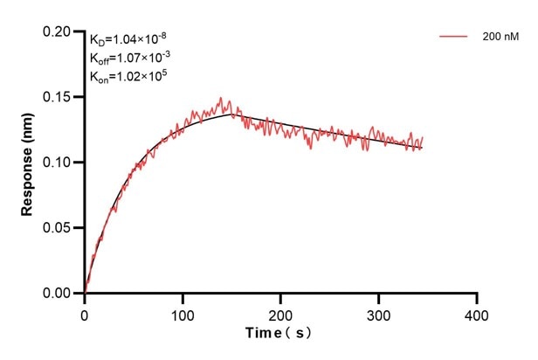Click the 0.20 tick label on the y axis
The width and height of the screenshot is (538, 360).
click(x=60, y=31)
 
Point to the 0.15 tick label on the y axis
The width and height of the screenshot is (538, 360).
click(x=60, y=97)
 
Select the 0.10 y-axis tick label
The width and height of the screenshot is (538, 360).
click(x=60, y=163)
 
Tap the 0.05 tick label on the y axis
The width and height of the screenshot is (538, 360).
click(x=60, y=228)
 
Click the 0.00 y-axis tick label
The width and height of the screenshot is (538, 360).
click(x=60, y=294)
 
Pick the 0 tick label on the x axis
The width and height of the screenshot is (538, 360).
click(x=85, y=313)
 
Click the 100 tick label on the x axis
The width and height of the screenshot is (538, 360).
click(x=183, y=313)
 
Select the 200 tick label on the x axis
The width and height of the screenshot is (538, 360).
click(x=280, y=313)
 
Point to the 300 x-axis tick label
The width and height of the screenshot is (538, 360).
click(x=378, y=313)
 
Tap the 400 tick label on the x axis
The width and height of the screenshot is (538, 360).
click(x=476, y=313)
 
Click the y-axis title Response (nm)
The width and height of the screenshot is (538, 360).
click(x=28, y=163)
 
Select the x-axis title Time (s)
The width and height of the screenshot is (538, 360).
click(x=279, y=334)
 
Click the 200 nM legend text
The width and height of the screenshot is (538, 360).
click(x=496, y=37)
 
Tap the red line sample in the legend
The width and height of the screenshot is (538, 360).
click(x=454, y=37)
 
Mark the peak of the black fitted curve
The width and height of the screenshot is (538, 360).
click(x=231, y=114)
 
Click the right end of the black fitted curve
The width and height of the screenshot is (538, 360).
click(x=422, y=148)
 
